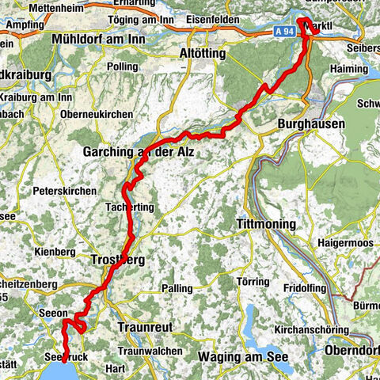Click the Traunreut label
[x=144, y=326]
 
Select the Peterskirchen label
[x=65, y=191]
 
